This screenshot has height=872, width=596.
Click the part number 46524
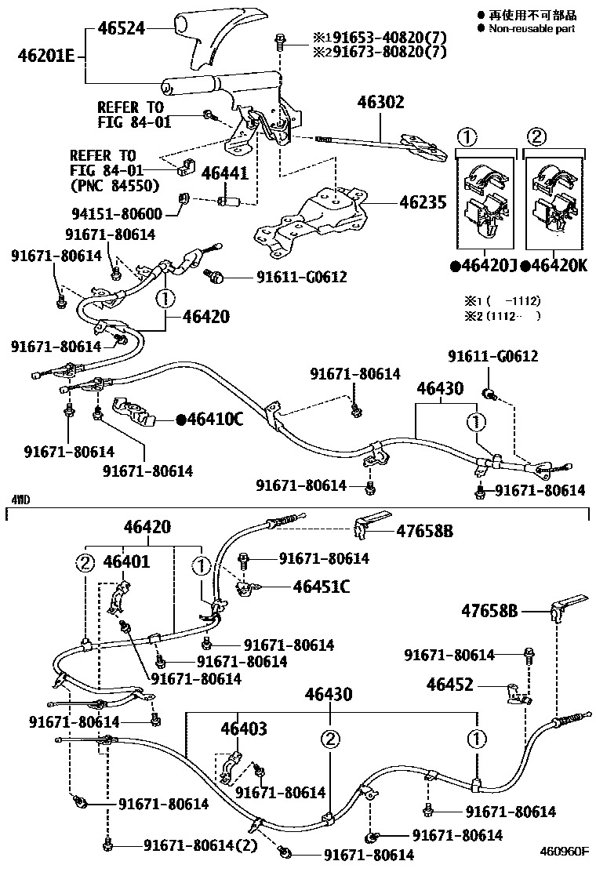tap(122, 29)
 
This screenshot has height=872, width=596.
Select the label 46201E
tap(46, 56)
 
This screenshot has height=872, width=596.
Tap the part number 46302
tap(381, 102)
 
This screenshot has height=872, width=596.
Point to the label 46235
tap(423, 202)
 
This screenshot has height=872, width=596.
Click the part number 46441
tap(225, 173)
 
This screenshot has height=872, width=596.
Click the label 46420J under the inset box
tap(485, 266)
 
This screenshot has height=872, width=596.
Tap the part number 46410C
tap(210, 420)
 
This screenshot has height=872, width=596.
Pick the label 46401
tap(126, 561)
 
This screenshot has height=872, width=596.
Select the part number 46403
tap(243, 729)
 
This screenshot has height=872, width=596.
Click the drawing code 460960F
tap(564, 850)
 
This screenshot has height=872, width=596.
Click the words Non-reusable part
tap(532, 28)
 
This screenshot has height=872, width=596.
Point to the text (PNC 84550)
tap(114, 186)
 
